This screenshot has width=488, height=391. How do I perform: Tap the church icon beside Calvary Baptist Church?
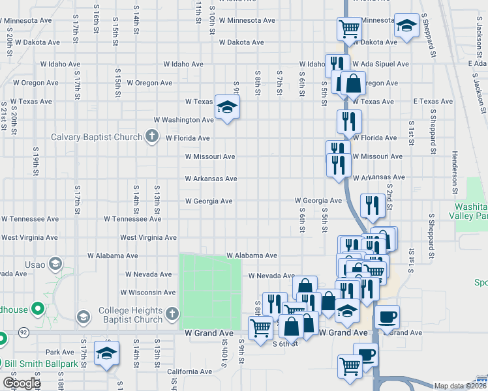tap(152, 137)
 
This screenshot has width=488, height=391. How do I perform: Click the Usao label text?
tap(35, 265)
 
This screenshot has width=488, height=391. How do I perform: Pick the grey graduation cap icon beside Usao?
tap(55, 264)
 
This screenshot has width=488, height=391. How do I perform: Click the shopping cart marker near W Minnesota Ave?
tap(350, 29)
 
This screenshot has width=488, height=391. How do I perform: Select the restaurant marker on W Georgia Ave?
tap(372, 205)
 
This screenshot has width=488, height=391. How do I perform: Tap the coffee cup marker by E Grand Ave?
tap(388, 317)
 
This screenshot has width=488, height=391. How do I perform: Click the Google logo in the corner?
tap(22, 383)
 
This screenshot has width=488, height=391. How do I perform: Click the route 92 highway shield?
tap(23, 332)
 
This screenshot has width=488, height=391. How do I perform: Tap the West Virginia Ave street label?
tap(148, 238)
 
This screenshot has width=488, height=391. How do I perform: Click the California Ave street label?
tap(189, 371)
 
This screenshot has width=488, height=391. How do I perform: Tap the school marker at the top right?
tap(406, 27)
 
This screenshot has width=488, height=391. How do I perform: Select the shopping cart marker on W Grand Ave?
tap(260, 328)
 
